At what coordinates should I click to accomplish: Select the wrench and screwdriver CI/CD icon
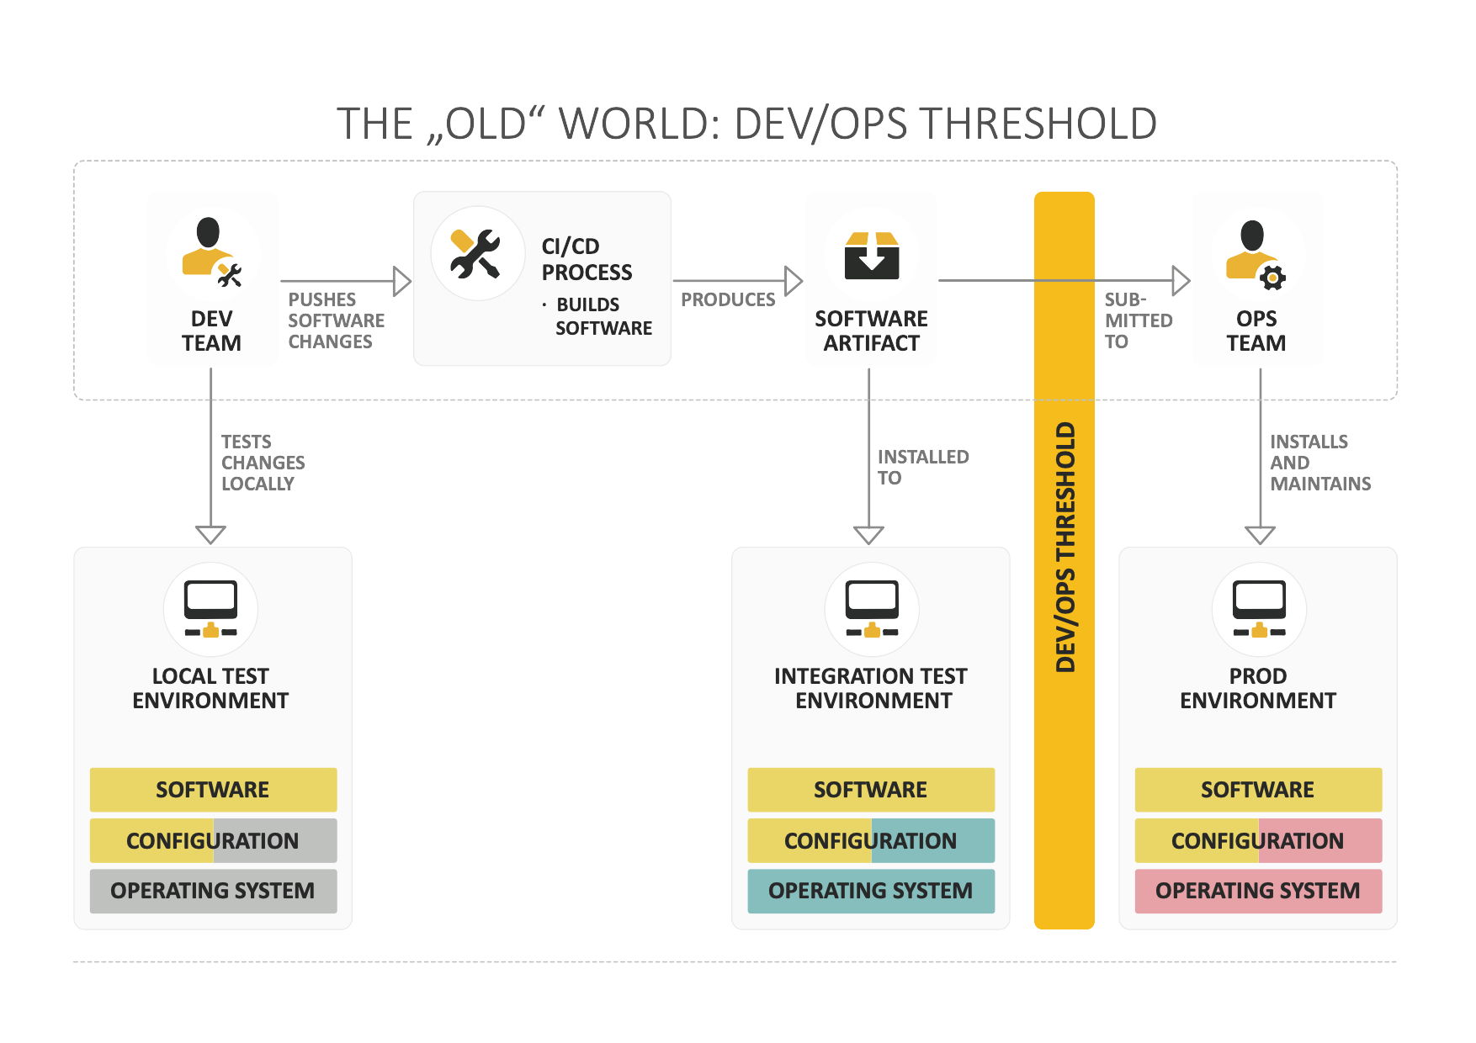coord(476,253)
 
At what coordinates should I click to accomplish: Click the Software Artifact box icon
coord(872,256)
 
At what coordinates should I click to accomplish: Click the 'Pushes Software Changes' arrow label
coord(336,320)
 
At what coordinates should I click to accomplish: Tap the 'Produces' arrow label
coord(728,299)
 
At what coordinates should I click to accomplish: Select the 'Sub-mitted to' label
coord(1138,320)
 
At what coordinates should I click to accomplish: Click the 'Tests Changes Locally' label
coord(263,463)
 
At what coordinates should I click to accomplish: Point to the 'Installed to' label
coord(922,467)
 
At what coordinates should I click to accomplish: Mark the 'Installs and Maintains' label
coord(1319,463)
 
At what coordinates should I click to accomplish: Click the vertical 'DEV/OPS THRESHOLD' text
coord(1065,547)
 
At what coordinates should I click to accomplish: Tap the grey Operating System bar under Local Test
coord(213,891)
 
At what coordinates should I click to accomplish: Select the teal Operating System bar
coord(871,891)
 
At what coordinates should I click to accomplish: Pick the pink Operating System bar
coord(1258,891)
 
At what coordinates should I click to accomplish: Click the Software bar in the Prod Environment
coord(1258,790)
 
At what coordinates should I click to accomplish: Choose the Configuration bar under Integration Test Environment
coord(871,840)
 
